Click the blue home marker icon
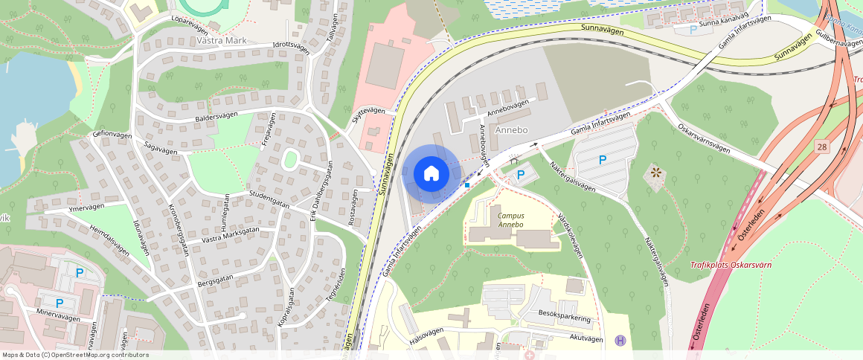point(431,174)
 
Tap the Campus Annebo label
point(510,219)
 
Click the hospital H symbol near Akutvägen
point(620,341)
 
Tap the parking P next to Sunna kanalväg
point(693,30)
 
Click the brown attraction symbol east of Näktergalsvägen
point(655,173)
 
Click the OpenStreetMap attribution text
point(76,355)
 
